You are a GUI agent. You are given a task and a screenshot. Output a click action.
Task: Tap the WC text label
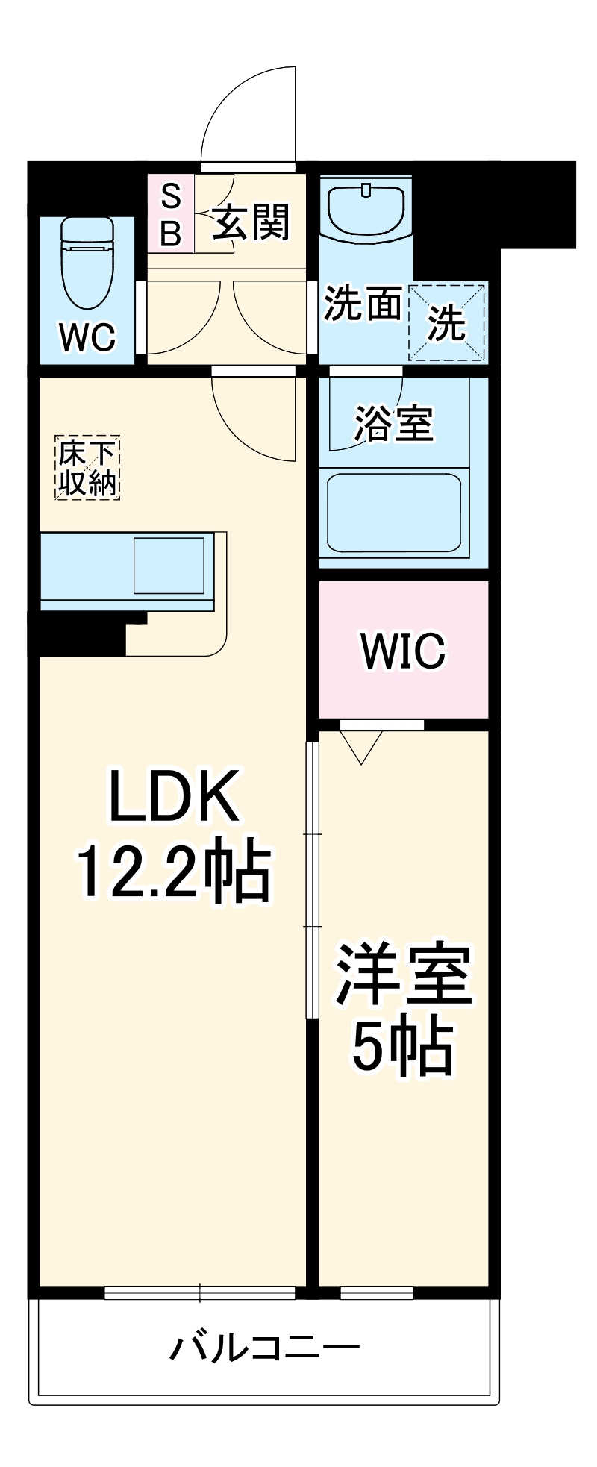coord(88,337)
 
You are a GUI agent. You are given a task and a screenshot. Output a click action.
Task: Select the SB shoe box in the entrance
coord(171,213)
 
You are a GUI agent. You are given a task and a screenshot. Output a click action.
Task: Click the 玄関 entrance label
coord(251,222)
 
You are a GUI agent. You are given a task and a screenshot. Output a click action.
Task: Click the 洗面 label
coord(362,304)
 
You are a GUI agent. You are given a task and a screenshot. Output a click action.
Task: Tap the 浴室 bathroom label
coord(393,423)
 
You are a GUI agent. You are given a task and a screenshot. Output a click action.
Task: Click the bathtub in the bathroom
coord(393,513)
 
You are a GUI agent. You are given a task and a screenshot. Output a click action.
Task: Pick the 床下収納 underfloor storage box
coord(87,468)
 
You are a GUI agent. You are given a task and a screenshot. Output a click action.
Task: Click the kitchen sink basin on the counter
coord(169,565)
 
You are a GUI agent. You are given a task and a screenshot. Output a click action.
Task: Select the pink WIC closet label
coord(403,651)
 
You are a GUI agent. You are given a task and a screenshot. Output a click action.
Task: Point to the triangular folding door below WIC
coord(362,745)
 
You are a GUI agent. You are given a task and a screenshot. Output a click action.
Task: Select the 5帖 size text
coord(403,1046)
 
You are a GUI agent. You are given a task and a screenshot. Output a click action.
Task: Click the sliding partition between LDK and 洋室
coord(313,880)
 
